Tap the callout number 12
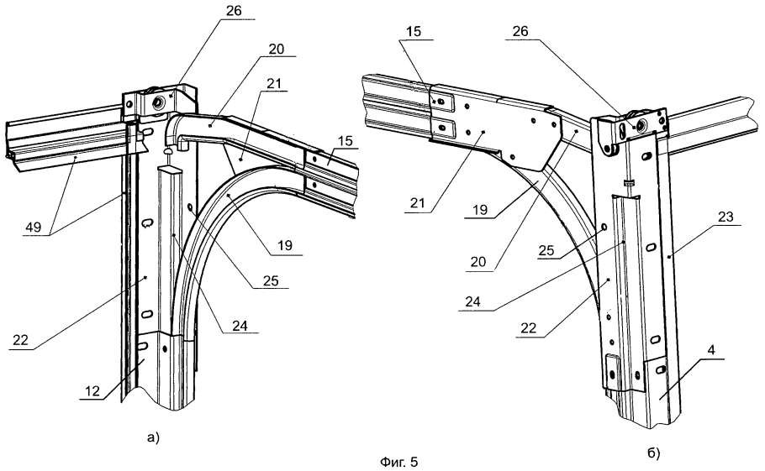(92, 390)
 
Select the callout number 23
(725, 217)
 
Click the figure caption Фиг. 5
(398, 462)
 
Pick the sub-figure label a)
(153, 438)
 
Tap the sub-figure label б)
(654, 453)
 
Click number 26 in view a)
(235, 11)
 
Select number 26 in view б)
(520, 31)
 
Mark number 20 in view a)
(276, 49)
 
